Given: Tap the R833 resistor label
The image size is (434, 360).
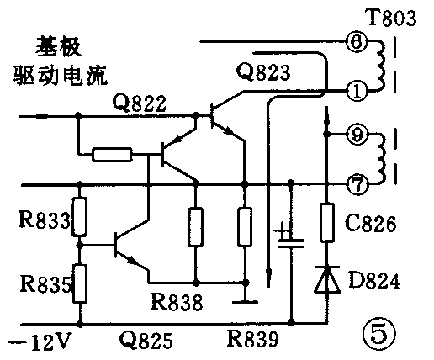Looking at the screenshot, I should pyautogui.click(x=38, y=223).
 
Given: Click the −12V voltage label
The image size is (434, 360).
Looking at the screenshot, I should pyautogui.click(x=38, y=341).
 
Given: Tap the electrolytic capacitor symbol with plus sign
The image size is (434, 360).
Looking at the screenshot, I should pyautogui.click(x=290, y=241).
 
